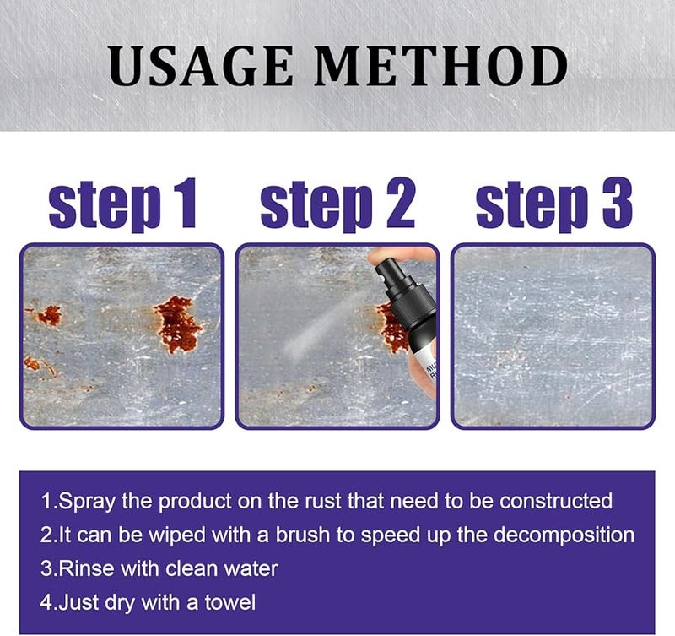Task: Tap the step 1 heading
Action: point(122,205)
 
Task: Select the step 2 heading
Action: point(337,205)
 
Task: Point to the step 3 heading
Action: point(554,205)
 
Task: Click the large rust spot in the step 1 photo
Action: point(177,323)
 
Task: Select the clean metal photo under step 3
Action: point(553,335)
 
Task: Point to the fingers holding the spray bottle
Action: point(397,257)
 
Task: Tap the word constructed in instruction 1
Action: point(556,501)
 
